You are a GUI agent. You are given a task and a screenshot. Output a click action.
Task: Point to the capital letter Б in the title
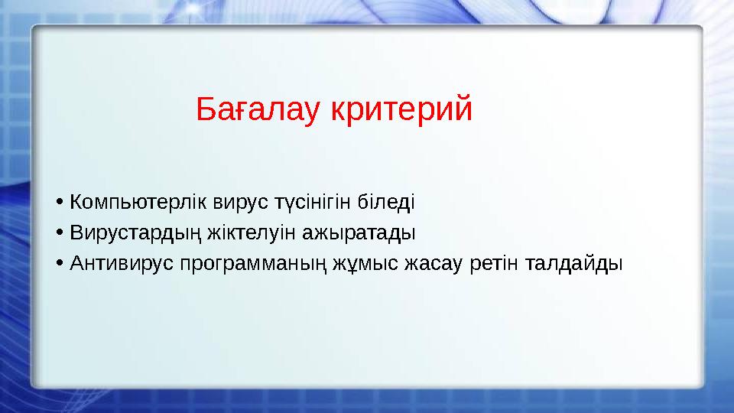click(204, 111)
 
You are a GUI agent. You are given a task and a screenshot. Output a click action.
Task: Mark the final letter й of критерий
click(463, 109)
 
